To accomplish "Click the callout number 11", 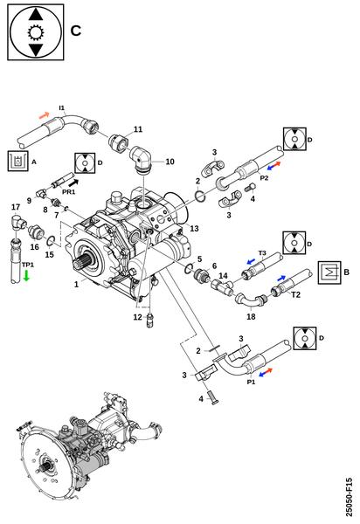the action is click(138, 129).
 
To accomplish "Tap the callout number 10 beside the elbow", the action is click(170, 162).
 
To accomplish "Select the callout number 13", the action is click(194, 228).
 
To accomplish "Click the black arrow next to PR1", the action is click(73, 183).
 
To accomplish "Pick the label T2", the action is click(296, 294).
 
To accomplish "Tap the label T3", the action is click(262, 253).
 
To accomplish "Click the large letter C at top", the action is click(76, 31).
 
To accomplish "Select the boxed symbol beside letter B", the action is click(329, 272).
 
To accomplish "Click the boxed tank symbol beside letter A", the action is click(18, 162).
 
